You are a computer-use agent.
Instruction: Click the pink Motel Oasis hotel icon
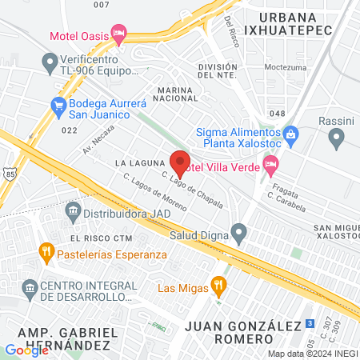[x=119, y=34]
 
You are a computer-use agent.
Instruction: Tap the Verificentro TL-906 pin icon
[x=50, y=61]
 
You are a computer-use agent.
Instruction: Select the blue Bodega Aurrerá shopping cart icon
[x=58, y=104]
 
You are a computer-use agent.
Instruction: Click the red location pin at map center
[x=180, y=162]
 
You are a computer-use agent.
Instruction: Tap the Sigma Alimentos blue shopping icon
[x=290, y=133]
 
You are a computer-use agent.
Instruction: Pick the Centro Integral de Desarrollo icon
[x=30, y=286]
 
